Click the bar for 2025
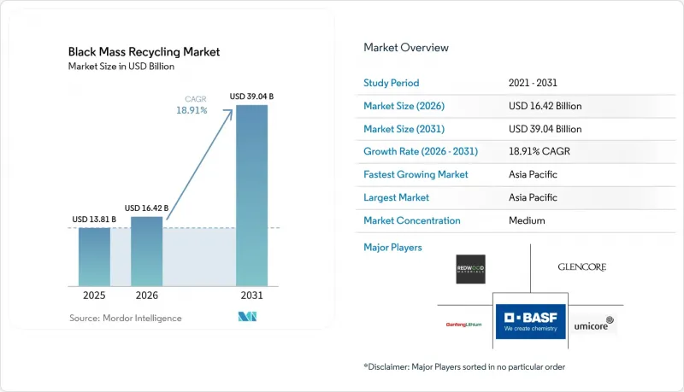(x=94, y=257)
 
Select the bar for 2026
(x=146, y=251)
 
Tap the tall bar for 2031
(x=251, y=196)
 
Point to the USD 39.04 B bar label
(x=251, y=97)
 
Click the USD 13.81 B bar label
(x=94, y=219)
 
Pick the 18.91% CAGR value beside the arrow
(x=192, y=110)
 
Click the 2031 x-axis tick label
(x=251, y=295)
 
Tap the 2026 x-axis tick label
(x=146, y=295)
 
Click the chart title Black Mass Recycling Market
(x=144, y=52)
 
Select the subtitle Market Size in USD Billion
(x=121, y=67)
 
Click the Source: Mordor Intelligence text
(x=125, y=318)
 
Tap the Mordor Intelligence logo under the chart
(x=247, y=317)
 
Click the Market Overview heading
(x=406, y=48)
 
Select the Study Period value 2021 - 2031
(x=533, y=83)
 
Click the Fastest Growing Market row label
(x=416, y=174)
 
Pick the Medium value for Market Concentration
(x=527, y=220)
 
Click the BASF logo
(x=530, y=321)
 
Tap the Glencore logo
(x=582, y=267)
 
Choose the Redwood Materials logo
(x=471, y=269)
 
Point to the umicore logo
(x=593, y=324)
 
